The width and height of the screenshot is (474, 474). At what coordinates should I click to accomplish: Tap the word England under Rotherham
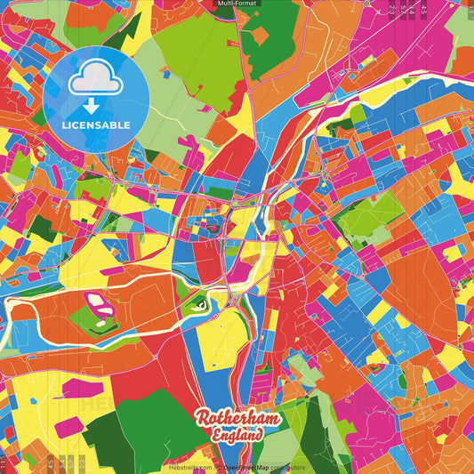(x=237, y=436)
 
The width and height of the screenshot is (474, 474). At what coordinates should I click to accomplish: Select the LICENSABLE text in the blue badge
(x=96, y=125)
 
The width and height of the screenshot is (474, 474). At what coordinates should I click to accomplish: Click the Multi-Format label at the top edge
(x=237, y=4)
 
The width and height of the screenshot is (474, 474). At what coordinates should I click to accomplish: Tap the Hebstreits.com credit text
(x=189, y=467)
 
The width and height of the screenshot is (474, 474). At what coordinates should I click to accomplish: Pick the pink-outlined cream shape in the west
(x=100, y=309)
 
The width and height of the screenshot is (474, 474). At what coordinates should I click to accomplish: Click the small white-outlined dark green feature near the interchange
(x=201, y=306)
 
